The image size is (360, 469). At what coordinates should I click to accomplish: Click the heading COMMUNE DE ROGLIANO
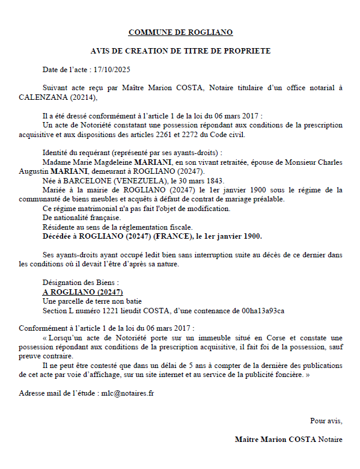[180, 32]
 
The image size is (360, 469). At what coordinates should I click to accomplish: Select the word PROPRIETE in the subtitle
[245, 51]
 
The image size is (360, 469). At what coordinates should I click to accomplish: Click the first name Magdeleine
[114, 162]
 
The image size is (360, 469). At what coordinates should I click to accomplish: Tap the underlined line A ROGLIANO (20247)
[78, 292]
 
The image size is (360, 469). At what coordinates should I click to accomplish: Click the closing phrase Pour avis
[326, 420]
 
